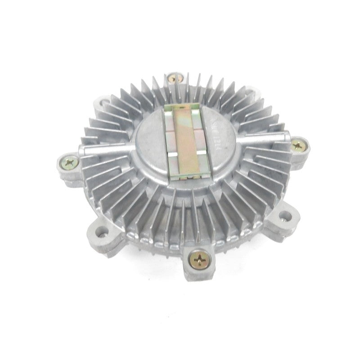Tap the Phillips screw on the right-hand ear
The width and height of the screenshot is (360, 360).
point(298,145)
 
